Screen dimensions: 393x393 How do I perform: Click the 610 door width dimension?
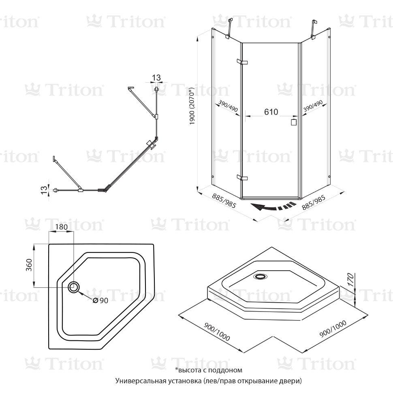pyautogui.click(x=271, y=112)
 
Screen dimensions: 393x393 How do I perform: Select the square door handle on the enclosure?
pyautogui.click(x=293, y=122)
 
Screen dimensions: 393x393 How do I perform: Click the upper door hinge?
pyautogui.click(x=242, y=62)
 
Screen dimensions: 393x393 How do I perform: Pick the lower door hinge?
pyautogui.click(x=242, y=177)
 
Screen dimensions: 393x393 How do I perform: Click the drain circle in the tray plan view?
pyautogui.click(x=74, y=287)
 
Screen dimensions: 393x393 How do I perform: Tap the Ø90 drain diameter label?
pyautogui.click(x=100, y=300)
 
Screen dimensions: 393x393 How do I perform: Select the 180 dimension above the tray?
pyautogui.click(x=62, y=227)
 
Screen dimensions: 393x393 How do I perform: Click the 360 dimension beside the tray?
pyautogui.click(x=29, y=265)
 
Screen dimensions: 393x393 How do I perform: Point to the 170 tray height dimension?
pyautogui.click(x=350, y=280)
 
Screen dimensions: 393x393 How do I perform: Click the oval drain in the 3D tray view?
pyautogui.click(x=261, y=276)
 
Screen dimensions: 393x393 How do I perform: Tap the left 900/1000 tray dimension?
pyautogui.click(x=217, y=331)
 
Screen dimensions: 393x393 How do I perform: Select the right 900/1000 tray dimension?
pyautogui.click(x=333, y=329)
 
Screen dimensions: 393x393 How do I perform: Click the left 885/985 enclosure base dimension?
pyautogui.click(x=224, y=201)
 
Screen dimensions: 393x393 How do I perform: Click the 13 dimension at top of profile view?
pyautogui.click(x=156, y=78)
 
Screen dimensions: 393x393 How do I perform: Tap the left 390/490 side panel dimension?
pyautogui.click(x=228, y=106)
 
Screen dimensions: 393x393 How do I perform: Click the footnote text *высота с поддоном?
pyautogui.click(x=209, y=370)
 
